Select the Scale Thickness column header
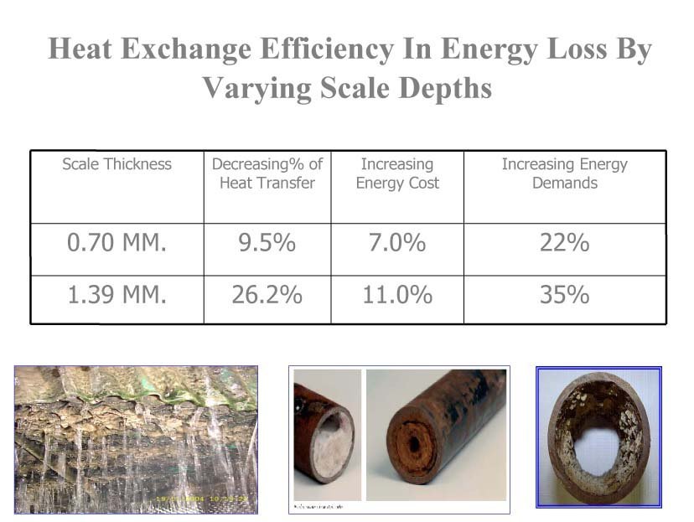pyautogui.click(x=117, y=164)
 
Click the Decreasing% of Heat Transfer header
pyautogui.click(x=267, y=173)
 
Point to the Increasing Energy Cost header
pyautogui.click(x=397, y=173)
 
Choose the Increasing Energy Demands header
pyautogui.click(x=564, y=173)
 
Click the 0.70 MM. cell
pyautogui.click(x=117, y=244)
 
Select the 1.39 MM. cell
pyautogui.click(x=117, y=296)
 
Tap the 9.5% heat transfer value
pyautogui.click(x=267, y=244)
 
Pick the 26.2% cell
pyautogui.click(x=267, y=296)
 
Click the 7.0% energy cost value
pyautogui.click(x=397, y=244)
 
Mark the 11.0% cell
pyautogui.click(x=397, y=296)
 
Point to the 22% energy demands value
pyautogui.click(x=564, y=244)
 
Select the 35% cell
pyautogui.click(x=564, y=296)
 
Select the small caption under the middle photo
pyautogui.click(x=319, y=507)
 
